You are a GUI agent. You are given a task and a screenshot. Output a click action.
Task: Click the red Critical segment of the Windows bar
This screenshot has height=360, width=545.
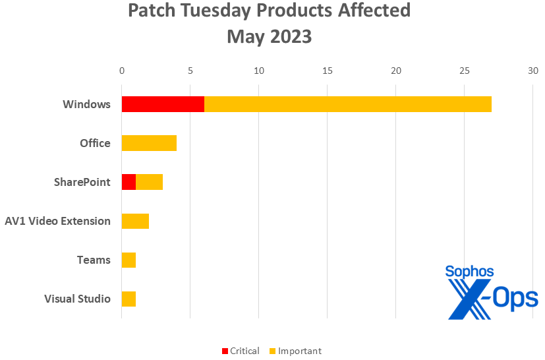[163, 104]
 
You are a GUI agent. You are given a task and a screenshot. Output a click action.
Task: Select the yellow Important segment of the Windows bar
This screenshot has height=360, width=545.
[348, 104]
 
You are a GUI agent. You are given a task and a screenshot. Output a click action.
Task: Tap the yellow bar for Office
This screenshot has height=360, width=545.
[149, 143]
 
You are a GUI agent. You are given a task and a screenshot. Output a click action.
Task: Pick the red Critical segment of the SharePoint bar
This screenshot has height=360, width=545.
[129, 182]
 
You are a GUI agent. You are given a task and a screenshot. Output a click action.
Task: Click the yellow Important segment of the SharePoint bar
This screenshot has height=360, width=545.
[149, 182]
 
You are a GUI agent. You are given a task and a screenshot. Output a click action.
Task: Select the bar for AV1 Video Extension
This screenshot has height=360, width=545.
[135, 221]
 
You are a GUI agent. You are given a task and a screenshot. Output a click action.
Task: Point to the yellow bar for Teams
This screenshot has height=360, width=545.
[129, 260]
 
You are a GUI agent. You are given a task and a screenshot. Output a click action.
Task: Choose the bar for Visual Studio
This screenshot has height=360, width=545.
[129, 299]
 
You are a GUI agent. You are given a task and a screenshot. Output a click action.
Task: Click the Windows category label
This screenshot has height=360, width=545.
[86, 104]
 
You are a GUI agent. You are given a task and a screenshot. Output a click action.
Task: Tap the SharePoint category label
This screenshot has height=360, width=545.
[82, 182]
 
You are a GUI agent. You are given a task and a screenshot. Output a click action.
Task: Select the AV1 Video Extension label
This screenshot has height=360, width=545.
[57, 221]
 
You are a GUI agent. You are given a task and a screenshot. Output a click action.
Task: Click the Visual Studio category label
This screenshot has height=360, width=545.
[77, 299]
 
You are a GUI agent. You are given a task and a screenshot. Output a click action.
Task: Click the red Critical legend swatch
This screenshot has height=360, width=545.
[225, 351]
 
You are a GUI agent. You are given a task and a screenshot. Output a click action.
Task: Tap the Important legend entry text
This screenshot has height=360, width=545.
[300, 351]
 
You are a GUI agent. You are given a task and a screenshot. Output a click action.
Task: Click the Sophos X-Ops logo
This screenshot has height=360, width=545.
[492, 293]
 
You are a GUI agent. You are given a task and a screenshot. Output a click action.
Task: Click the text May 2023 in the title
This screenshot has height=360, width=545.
[269, 37]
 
